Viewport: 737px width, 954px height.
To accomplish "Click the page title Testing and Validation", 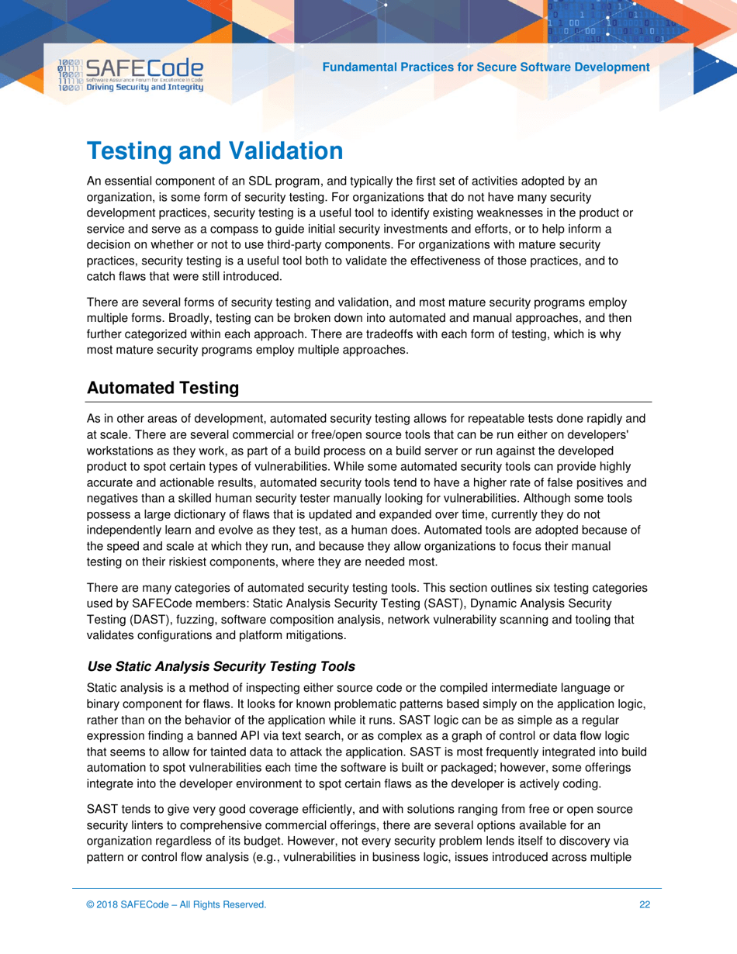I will coord(215,151).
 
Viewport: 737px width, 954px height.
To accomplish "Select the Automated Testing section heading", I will coord(163,388).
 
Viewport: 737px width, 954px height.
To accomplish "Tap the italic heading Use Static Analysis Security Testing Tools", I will coord(221,666).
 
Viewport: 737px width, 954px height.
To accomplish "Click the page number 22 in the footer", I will coord(645,904).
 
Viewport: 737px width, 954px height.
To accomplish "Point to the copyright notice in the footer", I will coord(177,904).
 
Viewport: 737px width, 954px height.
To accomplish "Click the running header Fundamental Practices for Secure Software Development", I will coord(486,67).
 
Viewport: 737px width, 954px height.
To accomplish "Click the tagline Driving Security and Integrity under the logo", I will coord(145,88).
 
